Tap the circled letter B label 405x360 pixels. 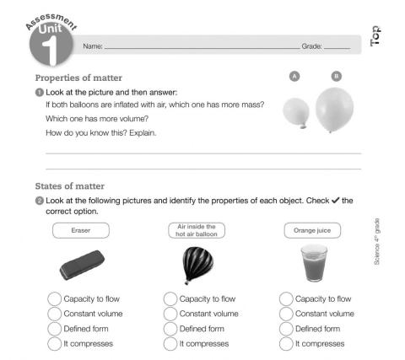tap(337, 76)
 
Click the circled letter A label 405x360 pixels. tap(294, 76)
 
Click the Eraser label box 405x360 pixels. tap(81, 230)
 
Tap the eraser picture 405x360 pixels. tap(82, 265)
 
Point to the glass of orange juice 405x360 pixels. tap(313, 263)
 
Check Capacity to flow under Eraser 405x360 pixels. tap(54, 298)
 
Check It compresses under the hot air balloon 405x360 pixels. tap(170, 343)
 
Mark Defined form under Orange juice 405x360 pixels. tap(286, 329)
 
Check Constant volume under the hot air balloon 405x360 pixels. tap(170, 314)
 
